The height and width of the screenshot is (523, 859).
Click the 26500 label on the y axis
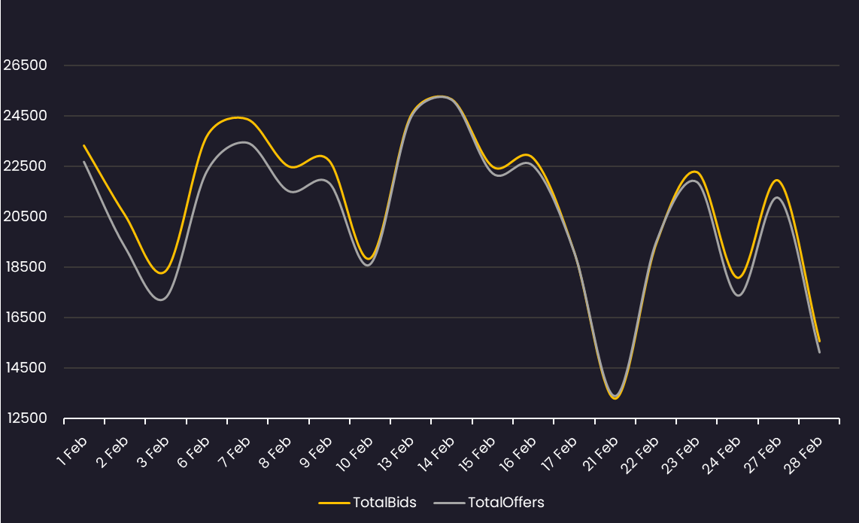click(x=26, y=65)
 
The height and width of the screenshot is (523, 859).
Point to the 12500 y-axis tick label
click(x=26, y=418)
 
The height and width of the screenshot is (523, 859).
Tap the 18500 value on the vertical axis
click(x=26, y=267)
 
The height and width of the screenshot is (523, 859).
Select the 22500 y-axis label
click(x=26, y=166)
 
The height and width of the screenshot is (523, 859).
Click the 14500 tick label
click(x=26, y=368)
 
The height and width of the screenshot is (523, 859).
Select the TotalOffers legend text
click(x=505, y=502)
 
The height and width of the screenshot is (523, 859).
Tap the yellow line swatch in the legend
click(x=334, y=502)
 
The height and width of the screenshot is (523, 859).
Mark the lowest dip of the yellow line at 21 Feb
click(x=615, y=398)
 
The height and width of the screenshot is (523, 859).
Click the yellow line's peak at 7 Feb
click(x=238, y=117)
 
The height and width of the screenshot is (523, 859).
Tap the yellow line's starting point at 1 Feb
click(x=84, y=145)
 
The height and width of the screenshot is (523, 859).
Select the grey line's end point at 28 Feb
click(x=819, y=352)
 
